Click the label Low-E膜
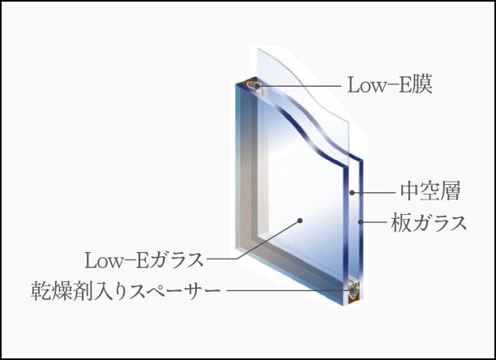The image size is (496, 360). pos(390,85)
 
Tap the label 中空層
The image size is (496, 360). pos(430,191)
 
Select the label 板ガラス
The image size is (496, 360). pos(429,222)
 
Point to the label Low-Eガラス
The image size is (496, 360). pos(144,260)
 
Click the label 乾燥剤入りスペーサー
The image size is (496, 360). pos(126,291)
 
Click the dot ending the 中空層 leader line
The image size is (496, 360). pos(352,192)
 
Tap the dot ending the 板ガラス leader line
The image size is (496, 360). pos(361,222)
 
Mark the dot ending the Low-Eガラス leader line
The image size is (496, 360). pos(300,221)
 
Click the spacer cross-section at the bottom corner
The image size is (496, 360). pos(353,290)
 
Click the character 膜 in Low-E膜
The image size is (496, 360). pos(422,85)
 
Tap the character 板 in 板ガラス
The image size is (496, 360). pos(401,222)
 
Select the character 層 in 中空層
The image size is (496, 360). pos(451,191)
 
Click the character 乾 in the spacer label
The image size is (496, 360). pos(41,291)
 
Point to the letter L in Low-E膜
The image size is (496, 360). pos(353,85)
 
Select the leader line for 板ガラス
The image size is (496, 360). pos(374,222)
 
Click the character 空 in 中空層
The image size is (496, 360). pos(430,191)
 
